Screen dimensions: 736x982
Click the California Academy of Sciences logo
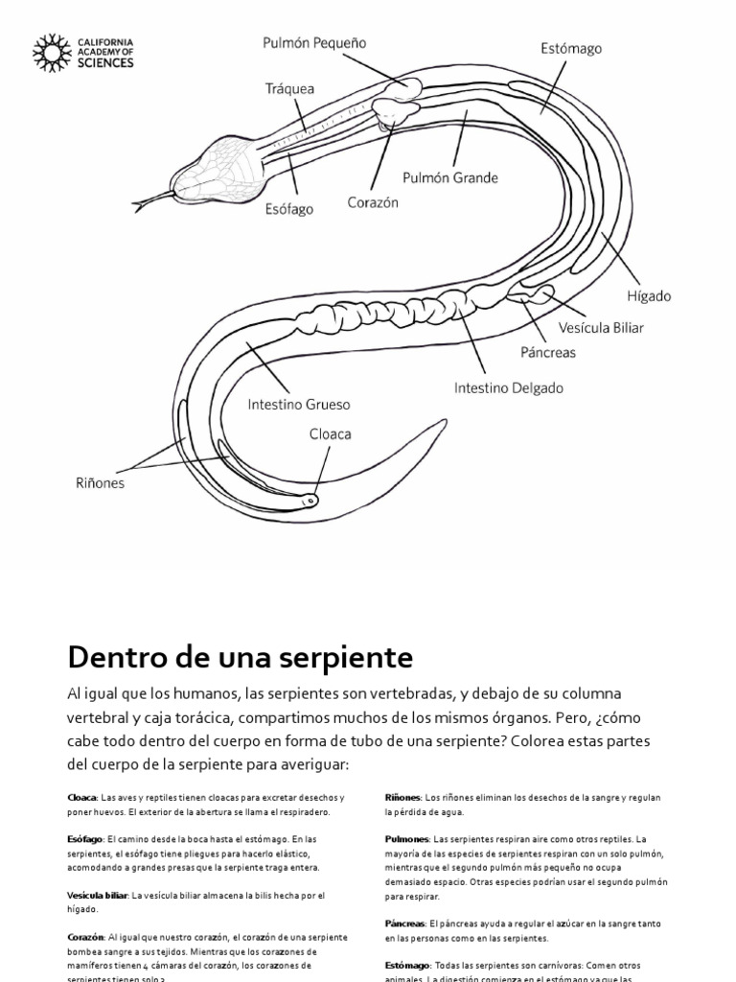83,53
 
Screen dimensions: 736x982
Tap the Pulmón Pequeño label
314,43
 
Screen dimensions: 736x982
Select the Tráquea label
289,88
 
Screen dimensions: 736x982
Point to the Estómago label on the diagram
570,48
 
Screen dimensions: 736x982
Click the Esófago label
288,209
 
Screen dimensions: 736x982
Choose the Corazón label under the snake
373,202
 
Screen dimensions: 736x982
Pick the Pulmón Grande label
449,177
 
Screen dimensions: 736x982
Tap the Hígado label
650,296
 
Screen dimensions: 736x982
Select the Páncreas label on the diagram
548,352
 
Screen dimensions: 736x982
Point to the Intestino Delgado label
508,388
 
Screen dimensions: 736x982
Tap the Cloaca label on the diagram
330,434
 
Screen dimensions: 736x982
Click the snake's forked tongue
151,201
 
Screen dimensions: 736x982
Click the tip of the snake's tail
445,420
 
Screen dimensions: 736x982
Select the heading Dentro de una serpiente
240,658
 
